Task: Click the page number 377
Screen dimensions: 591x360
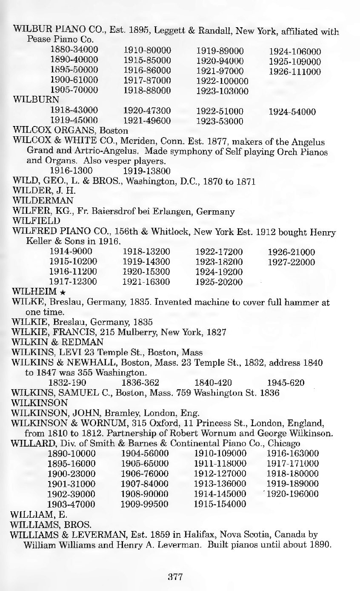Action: tap(175, 577)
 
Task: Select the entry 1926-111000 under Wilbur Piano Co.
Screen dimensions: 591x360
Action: tap(294, 72)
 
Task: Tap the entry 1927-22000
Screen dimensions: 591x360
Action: tap(291, 262)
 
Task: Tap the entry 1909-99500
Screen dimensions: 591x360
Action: tap(145, 504)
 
